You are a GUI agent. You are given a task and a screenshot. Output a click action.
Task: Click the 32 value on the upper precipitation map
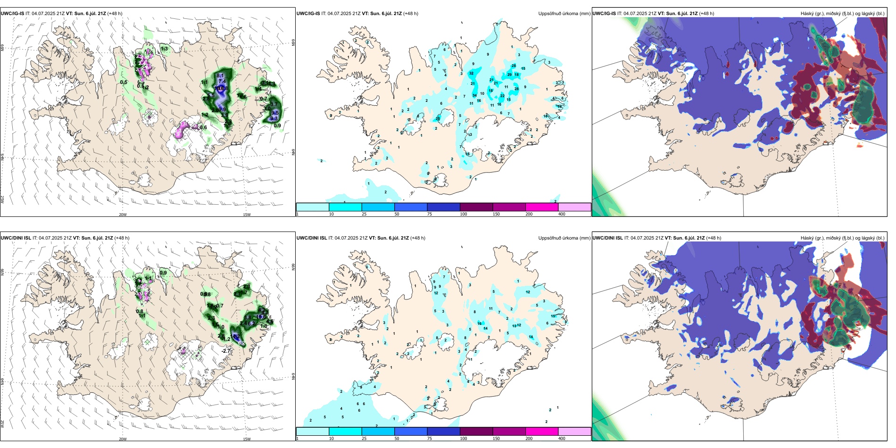(x=471, y=74)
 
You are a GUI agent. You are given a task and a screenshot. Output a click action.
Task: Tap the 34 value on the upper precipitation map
(x=474, y=96)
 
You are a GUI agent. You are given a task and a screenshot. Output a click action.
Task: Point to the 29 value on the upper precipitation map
(x=509, y=75)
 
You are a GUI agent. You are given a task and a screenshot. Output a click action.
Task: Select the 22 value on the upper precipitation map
(x=502, y=96)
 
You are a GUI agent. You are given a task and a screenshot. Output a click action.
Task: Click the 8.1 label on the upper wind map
(x=220, y=75)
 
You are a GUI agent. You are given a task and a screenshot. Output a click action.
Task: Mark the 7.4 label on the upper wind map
(x=222, y=82)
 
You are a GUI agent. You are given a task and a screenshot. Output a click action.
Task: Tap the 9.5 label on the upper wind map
(x=275, y=113)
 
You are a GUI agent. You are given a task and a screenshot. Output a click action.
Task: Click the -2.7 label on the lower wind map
(x=226, y=351)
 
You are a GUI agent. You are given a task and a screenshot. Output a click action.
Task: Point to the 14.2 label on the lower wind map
(x=236, y=337)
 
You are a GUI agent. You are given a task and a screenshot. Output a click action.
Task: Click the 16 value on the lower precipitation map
(x=480, y=324)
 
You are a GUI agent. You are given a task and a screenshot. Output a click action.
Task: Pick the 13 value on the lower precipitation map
(x=514, y=326)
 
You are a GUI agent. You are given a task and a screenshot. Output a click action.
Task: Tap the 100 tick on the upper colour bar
(x=464, y=214)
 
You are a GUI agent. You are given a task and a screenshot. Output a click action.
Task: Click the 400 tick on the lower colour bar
(x=562, y=439)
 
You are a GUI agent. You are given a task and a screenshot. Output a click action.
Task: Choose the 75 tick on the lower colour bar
(x=429, y=439)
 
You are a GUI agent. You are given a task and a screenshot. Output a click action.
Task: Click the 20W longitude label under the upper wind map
(x=123, y=215)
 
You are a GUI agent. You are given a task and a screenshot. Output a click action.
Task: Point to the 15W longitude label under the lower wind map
(x=247, y=439)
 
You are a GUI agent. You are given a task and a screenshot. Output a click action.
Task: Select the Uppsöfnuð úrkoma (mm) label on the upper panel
(x=564, y=14)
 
